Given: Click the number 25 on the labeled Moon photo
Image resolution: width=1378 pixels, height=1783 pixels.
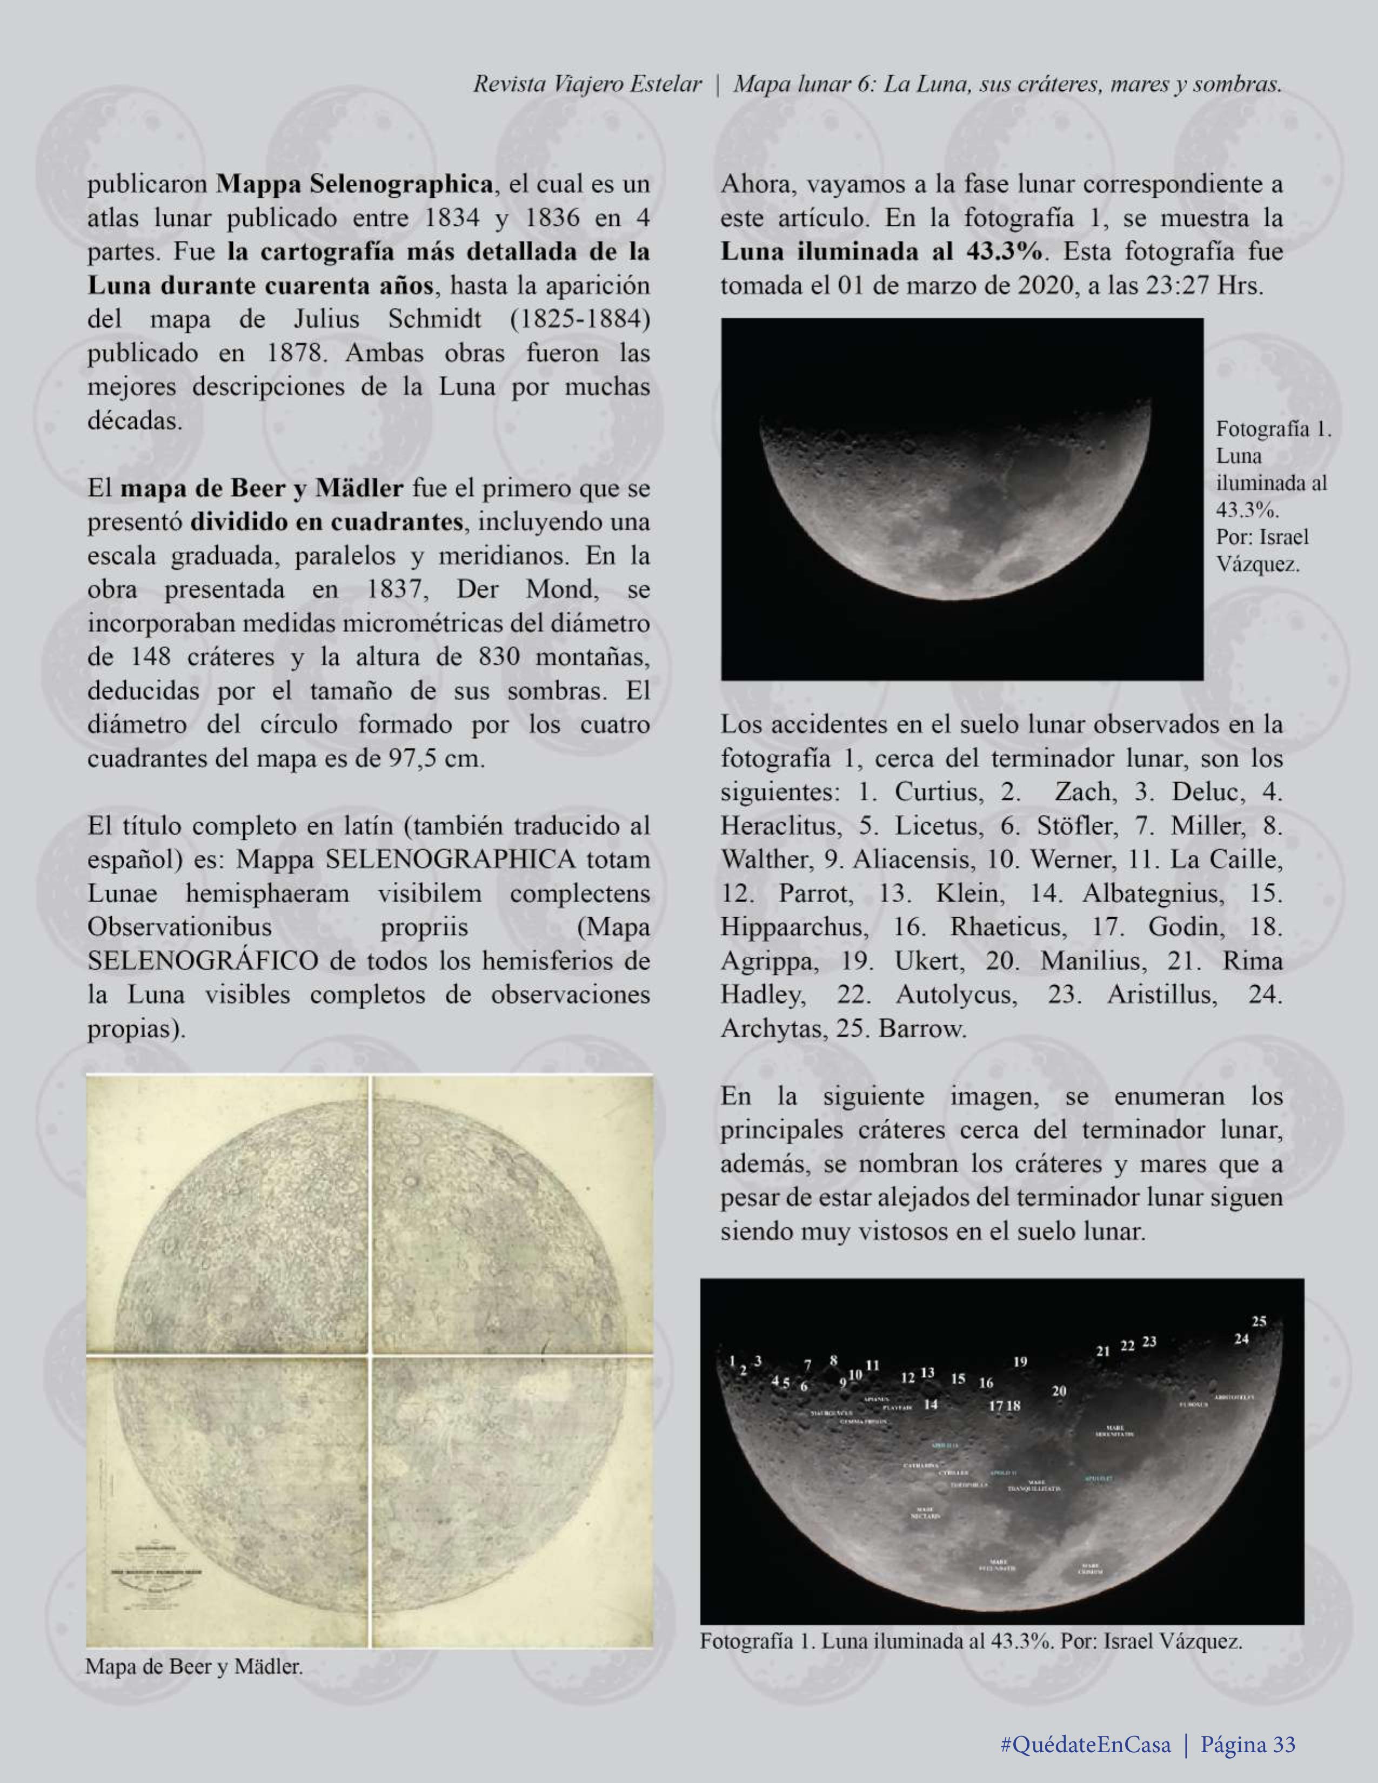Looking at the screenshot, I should tap(1259, 1322).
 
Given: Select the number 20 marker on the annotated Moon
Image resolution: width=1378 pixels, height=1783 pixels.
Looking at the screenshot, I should tap(1059, 1391).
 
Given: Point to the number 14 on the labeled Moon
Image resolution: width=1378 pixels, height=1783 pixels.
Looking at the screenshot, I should tap(931, 1405).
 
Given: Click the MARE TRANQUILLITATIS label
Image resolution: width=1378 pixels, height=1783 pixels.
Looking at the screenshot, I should tap(1035, 1486).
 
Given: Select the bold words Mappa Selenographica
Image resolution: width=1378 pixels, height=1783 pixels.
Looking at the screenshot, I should tap(354, 185).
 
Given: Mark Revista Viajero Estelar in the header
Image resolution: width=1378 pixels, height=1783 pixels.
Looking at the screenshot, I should tap(587, 84).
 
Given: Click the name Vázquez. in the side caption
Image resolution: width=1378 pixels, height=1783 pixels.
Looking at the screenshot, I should tap(1258, 564).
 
